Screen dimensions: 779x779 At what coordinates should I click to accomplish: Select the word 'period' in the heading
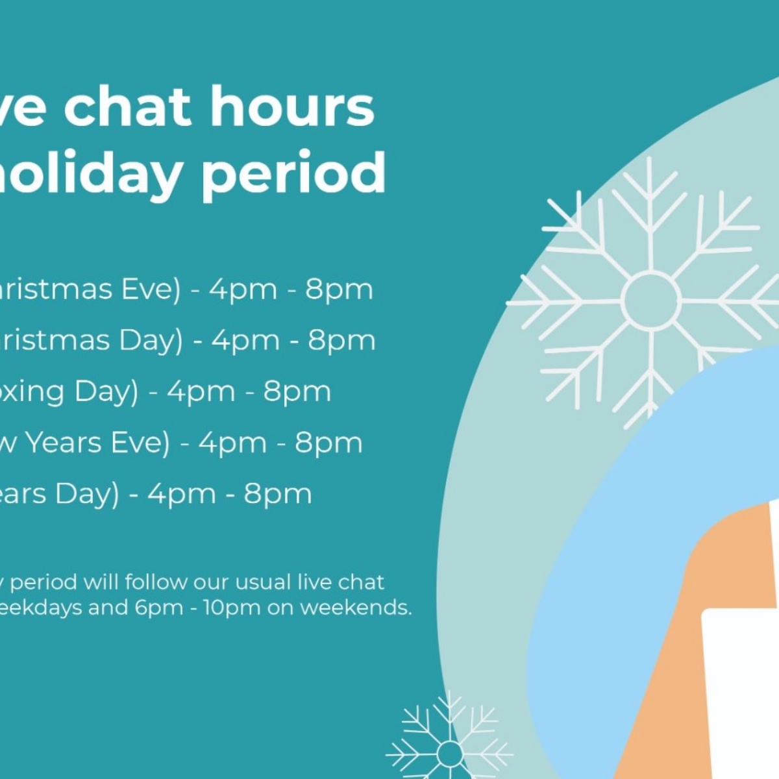click(293, 173)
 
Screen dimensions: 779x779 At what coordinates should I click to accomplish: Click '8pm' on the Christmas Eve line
click(340, 290)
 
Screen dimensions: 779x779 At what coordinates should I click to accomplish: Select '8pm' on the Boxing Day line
click(297, 391)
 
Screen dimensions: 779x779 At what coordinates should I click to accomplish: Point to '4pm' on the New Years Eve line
click(232, 443)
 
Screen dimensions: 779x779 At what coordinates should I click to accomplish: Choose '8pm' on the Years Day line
click(278, 494)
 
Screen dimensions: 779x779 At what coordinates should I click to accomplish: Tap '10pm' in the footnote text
click(223, 608)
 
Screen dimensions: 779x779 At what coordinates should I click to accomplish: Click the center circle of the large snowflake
click(650, 301)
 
